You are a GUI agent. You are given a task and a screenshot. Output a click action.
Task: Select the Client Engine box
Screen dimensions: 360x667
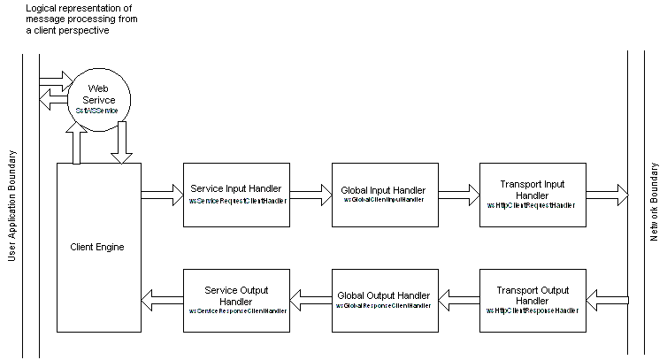[97, 247]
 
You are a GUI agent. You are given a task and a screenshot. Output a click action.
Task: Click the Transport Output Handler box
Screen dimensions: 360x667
[532, 300]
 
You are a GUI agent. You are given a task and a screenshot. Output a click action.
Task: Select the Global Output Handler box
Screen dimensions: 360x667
[383, 300]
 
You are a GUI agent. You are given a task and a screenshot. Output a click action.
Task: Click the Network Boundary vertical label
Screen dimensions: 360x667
[655, 202]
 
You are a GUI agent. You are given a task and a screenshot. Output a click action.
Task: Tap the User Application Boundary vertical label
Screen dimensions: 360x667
[12, 203]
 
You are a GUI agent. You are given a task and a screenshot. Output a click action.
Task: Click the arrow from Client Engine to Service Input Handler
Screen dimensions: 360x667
[161, 195]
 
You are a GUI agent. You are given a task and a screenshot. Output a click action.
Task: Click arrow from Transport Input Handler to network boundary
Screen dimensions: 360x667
[607, 195]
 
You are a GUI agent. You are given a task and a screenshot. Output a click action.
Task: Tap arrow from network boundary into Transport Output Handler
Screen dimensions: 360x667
[607, 301]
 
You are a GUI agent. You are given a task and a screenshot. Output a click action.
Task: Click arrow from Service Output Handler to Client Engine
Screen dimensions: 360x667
[161, 301]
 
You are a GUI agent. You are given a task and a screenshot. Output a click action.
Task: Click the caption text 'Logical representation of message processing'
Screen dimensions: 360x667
[80, 19]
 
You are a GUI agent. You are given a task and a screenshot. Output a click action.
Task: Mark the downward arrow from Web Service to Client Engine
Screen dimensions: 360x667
[122, 143]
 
